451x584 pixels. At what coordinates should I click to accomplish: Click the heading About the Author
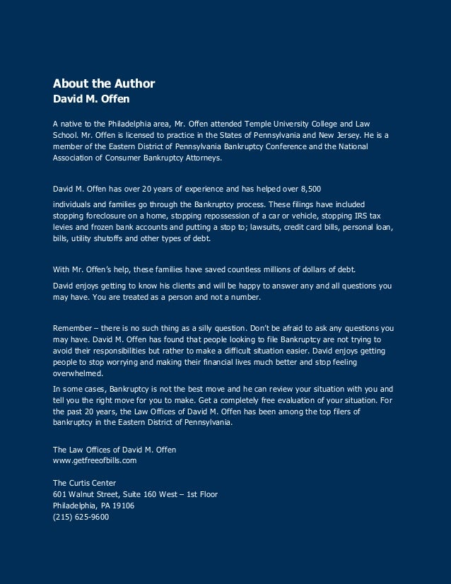click(104, 84)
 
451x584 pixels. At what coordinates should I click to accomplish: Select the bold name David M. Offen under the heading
click(91, 98)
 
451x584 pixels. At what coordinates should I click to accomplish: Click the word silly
click(206, 328)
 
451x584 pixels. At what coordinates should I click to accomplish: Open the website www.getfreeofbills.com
click(95, 460)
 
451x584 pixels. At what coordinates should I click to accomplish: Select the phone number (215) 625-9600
click(81, 517)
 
